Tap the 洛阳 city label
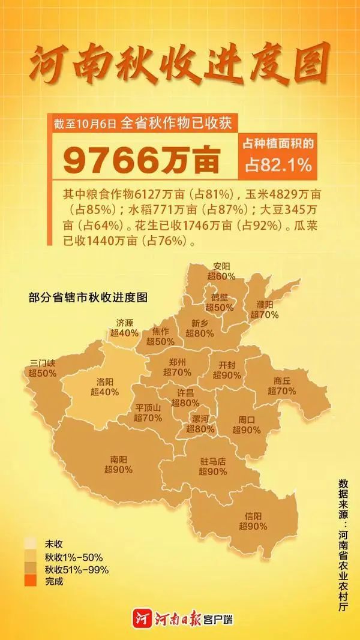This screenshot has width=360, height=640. coord(104,381)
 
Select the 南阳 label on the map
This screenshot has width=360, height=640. coord(118,459)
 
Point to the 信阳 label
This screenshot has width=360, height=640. coord(253,516)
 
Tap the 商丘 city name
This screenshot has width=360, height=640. coord(281,380)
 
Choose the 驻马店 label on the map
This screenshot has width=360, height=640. coord(213,462)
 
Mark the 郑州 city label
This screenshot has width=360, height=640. coord(178,362)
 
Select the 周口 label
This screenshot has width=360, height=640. coord(247,420)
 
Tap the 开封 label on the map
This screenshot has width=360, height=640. coord(226,365)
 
